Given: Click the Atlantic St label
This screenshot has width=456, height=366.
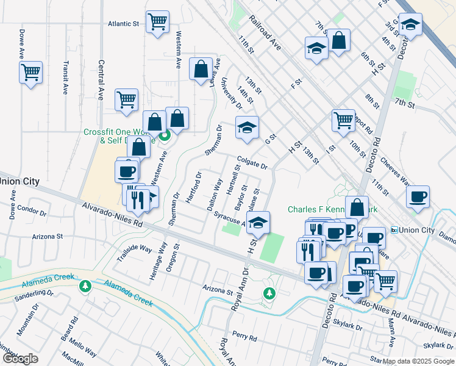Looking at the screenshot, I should pos(124,24).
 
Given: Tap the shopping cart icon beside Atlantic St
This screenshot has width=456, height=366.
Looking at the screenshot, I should pos(157,23).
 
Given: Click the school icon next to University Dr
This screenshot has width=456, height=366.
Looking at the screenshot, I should pos(247,127).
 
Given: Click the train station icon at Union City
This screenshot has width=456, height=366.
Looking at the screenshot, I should pos(394,230).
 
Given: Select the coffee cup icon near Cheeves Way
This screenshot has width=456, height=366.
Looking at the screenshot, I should pos(419,197).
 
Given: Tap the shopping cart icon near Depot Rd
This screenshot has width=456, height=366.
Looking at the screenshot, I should pos(343,119).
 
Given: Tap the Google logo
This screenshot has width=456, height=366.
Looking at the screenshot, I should pos(20,359).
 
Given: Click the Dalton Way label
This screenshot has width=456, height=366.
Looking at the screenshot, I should pos(215,194).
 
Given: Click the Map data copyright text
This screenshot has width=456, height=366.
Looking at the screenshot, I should pos(418,361).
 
